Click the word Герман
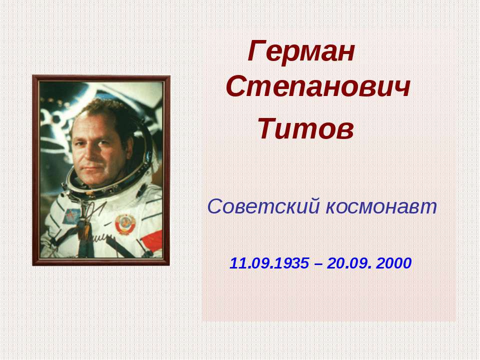coord(301,51)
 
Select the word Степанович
coord(318,88)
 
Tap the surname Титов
coord(305,130)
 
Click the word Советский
coord(263,206)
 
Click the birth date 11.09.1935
coord(269,263)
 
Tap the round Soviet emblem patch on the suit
coord(125,224)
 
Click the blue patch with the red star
coord(73,216)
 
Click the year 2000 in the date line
coord(395,263)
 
